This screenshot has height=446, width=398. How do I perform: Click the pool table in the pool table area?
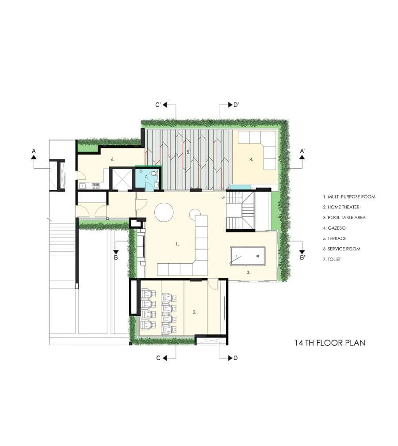pyautogui.click(x=248, y=256)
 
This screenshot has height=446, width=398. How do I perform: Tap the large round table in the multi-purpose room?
pyautogui.click(x=164, y=212)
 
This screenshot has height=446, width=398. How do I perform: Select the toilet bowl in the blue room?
pyautogui.click(x=153, y=173)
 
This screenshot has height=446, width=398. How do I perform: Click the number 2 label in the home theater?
pyautogui.click(x=195, y=312)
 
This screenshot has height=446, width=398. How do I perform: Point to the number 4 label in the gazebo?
pyautogui.click(x=251, y=159)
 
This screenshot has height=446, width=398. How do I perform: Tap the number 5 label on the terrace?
pyautogui.click(x=188, y=152)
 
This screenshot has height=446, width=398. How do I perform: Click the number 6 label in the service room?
pyautogui.click(x=113, y=159)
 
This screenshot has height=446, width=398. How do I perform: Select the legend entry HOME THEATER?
pyautogui.click(x=341, y=207)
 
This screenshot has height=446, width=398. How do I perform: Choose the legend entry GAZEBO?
pyautogui.click(x=334, y=228)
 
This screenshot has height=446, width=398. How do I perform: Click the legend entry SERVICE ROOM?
pyautogui.click(x=341, y=249)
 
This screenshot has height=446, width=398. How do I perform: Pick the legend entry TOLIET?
pyautogui.click(x=332, y=259)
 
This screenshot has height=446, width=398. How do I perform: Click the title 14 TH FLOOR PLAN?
pyautogui.click(x=329, y=343)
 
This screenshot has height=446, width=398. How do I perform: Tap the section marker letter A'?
pyautogui.click(x=302, y=151)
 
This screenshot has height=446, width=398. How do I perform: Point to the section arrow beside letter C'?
pyautogui.click(x=165, y=105)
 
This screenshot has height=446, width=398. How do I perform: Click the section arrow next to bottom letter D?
pyautogui.click(x=230, y=358)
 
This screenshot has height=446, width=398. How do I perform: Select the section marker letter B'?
pyautogui.click(x=302, y=257)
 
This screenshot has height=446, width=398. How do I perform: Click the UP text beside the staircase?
pyautogui.click(x=223, y=197)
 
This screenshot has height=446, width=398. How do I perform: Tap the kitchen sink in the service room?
pyautogui.click(x=82, y=186)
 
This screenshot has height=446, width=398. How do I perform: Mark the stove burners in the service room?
pyautogui.click(x=96, y=186)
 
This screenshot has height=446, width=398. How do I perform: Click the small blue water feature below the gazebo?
pyautogui.click(x=240, y=187)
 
